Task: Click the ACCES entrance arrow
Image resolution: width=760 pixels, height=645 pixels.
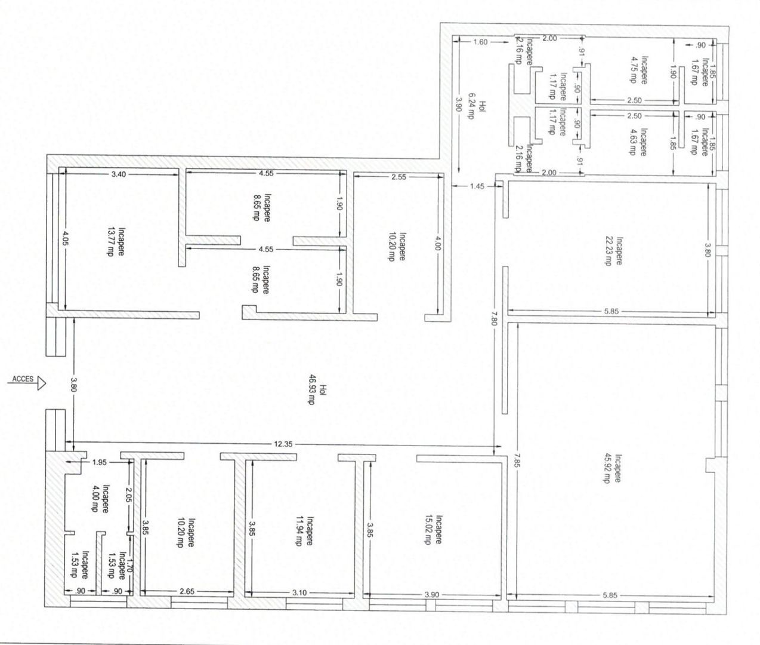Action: pyautogui.click(x=26, y=383)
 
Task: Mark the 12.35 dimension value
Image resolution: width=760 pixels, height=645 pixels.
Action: pyautogui.click(x=283, y=444)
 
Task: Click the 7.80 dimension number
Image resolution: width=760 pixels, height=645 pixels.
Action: pyautogui.click(x=494, y=317)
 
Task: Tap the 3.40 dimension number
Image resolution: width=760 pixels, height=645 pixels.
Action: pyautogui.click(x=118, y=174)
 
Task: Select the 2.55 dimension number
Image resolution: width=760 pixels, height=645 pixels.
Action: pyautogui.click(x=398, y=177)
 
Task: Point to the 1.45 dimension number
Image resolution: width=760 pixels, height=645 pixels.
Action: pyautogui.click(x=477, y=186)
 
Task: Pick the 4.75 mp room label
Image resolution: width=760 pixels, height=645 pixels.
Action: pyautogui.click(x=638, y=70)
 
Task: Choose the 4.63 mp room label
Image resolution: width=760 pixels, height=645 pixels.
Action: pyautogui.click(x=638, y=142)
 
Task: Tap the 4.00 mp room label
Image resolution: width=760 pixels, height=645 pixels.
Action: pyautogui.click(x=100, y=498)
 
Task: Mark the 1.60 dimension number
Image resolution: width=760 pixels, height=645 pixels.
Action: pyautogui.click(x=480, y=42)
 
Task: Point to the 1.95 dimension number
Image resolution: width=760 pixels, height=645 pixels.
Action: pyautogui.click(x=99, y=462)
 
